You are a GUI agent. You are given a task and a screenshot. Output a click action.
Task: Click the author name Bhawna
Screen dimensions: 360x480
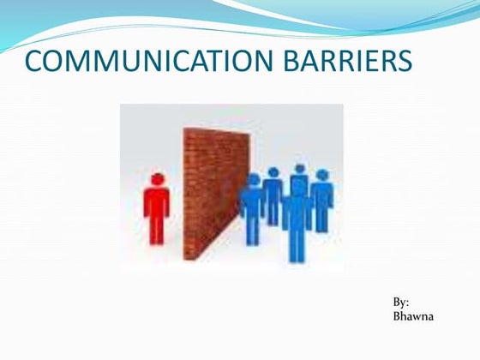tap(413, 316)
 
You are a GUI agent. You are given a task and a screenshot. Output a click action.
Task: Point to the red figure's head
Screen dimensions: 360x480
tap(157, 179)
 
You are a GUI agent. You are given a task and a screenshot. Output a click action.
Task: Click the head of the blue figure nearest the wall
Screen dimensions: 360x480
tap(253, 180)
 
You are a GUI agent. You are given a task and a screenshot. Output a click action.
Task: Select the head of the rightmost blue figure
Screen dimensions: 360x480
tap(321, 175)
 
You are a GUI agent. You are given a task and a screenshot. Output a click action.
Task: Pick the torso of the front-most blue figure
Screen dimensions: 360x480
tap(296, 214)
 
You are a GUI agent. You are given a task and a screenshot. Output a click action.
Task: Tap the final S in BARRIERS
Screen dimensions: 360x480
tap(405, 62)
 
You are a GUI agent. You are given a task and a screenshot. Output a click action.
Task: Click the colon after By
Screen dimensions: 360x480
tap(406, 303)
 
